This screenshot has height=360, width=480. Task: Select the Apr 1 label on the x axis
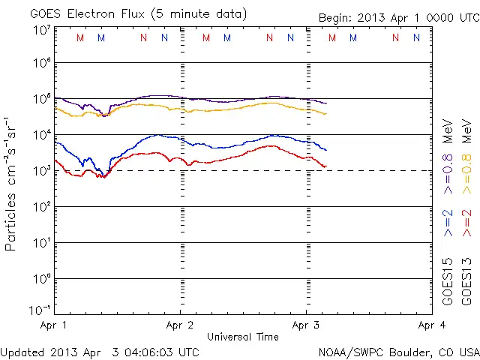click(x=54, y=325)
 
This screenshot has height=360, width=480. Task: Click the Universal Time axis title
click(x=242, y=337)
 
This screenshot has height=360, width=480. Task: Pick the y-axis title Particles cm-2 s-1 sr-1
click(x=12, y=184)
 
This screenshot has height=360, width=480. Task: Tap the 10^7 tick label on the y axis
click(x=40, y=31)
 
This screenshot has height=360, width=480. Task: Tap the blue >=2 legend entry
click(x=448, y=223)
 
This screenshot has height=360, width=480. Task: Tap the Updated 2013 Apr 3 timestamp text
click(x=100, y=352)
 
